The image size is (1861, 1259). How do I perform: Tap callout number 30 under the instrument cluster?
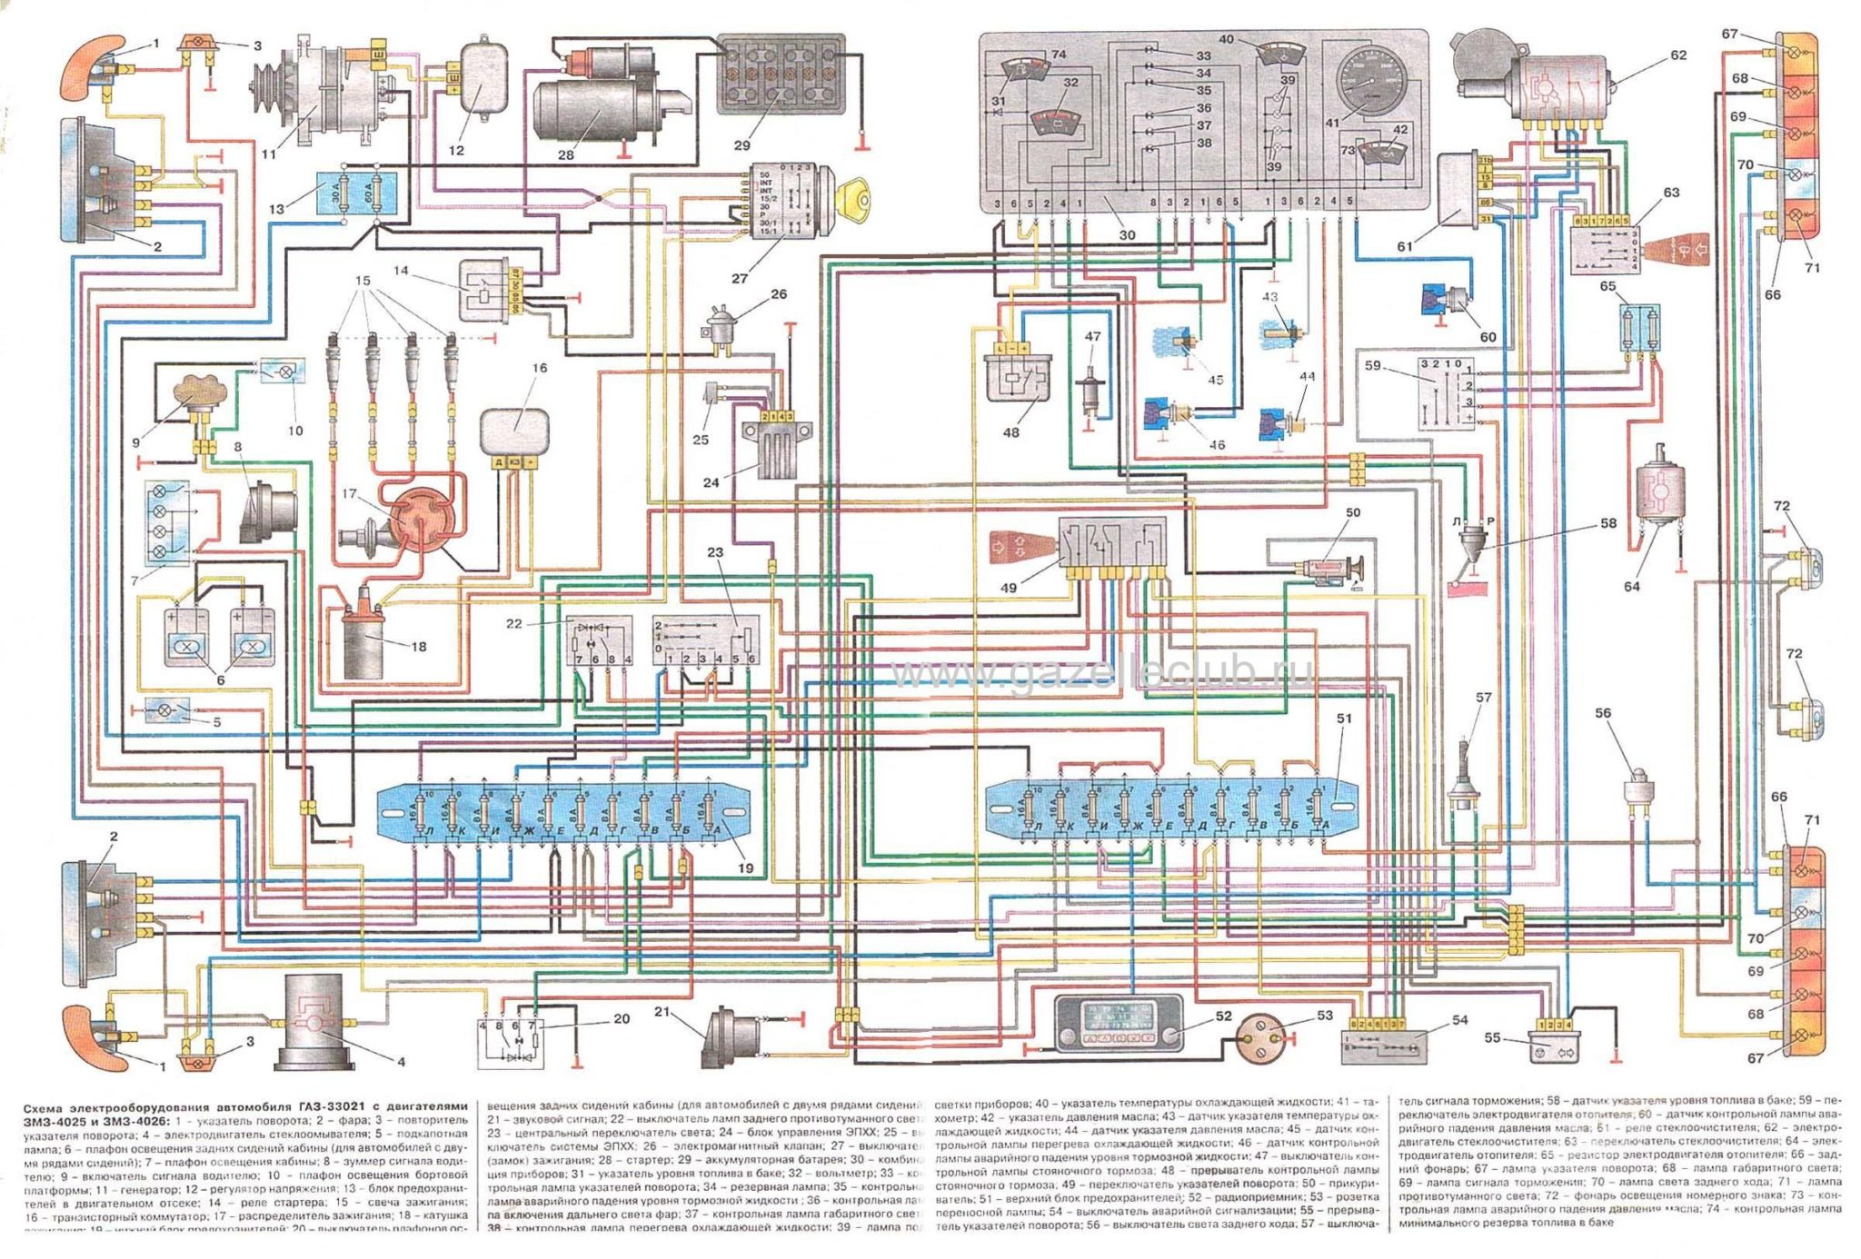[x=1127, y=234]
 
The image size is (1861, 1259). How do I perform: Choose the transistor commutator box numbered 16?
[x=514, y=430]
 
